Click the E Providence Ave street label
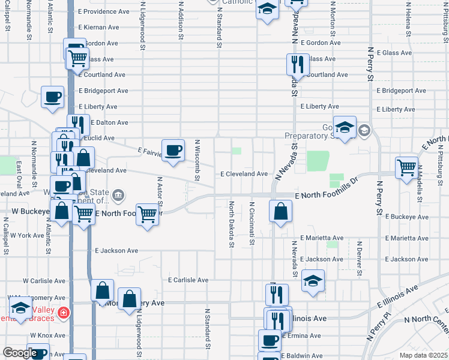point(104,11)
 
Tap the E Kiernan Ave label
point(99,28)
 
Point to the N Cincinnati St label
point(252,224)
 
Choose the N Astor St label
point(160,190)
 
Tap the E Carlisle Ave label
point(188,280)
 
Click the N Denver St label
point(359,259)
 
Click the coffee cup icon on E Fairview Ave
point(173,150)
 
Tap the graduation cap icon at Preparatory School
point(345,127)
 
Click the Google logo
point(20,353)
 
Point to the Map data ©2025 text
point(423,355)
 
